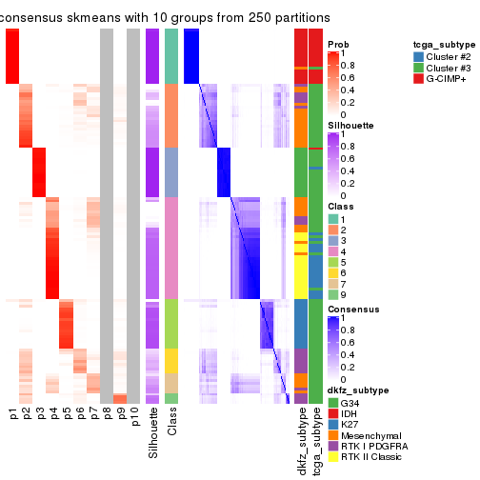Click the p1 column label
13,416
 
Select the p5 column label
67,416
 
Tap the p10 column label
134,420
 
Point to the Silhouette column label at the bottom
152,434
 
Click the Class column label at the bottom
171,425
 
